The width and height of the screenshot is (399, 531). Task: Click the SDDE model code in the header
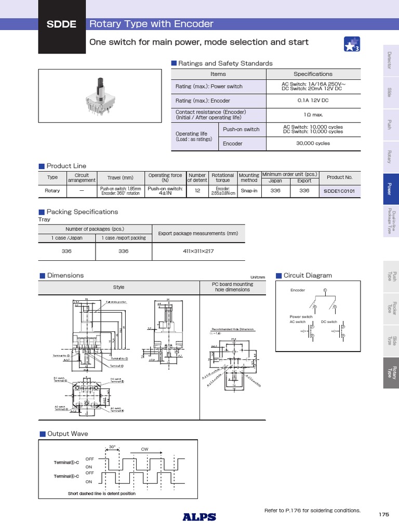[x=62, y=25]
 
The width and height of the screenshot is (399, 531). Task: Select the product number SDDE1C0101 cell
[x=339, y=191]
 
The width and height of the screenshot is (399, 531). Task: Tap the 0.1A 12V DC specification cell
[x=313, y=101]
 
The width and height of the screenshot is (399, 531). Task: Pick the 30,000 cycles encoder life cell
[x=313, y=144]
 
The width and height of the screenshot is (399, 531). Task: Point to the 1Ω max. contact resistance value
[x=313, y=115]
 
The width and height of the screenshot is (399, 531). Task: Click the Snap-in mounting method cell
[x=248, y=191]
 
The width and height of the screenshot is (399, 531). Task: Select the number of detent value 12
[x=197, y=191]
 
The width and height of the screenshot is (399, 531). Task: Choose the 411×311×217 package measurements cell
[x=198, y=251]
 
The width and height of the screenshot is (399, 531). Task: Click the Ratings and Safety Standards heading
[x=225, y=63]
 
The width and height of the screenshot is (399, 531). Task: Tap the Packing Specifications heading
[x=82, y=212]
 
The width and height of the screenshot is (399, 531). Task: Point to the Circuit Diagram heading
[x=307, y=275]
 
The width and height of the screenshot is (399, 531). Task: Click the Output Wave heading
[x=68, y=434]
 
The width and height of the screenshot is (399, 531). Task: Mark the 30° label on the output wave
[x=112, y=447]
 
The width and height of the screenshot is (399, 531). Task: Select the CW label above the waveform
[x=145, y=449]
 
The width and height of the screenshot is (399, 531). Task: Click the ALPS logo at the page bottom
[x=199, y=516]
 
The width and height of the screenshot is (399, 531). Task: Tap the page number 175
[x=383, y=514]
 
